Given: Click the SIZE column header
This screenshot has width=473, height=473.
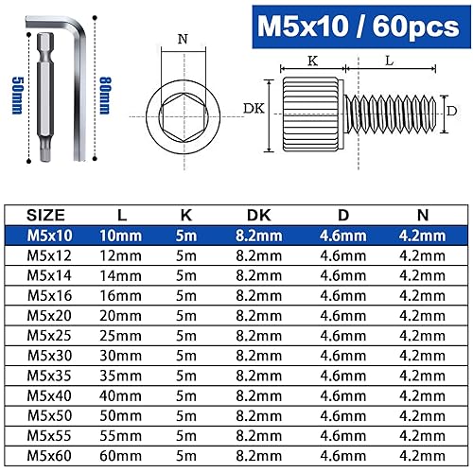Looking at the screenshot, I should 47,215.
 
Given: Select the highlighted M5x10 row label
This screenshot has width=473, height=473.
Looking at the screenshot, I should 47,234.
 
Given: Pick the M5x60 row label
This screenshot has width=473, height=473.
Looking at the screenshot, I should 47,454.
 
